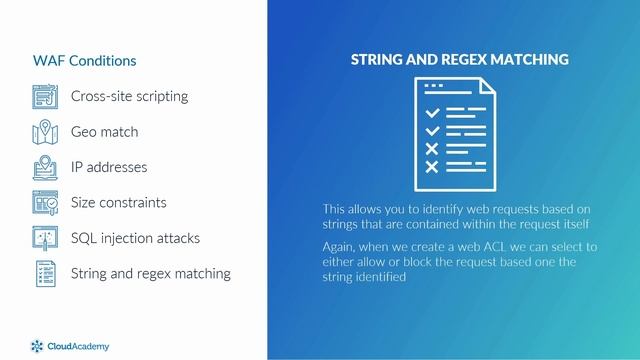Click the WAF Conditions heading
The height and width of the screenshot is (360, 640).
coord(84,61)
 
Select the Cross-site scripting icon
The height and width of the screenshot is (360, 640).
coord(46,97)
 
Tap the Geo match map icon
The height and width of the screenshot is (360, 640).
coord(46,132)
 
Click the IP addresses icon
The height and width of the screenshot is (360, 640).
coord(46,167)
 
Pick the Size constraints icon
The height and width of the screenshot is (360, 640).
coord(46,202)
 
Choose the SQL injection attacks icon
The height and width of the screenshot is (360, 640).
coord(46,238)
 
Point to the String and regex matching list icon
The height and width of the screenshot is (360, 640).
coord(46,273)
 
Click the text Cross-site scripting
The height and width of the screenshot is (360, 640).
coord(129,97)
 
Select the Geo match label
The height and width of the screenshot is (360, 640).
coord(104,132)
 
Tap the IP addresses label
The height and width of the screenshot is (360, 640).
coord(108,167)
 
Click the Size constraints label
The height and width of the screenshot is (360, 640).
coord(118,202)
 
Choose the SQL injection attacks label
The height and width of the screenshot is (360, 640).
coord(135,238)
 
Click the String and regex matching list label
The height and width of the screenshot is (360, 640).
coord(150,273)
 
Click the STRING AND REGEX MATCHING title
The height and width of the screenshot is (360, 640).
coord(459,60)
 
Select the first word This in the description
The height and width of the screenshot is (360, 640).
coord(336,209)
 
